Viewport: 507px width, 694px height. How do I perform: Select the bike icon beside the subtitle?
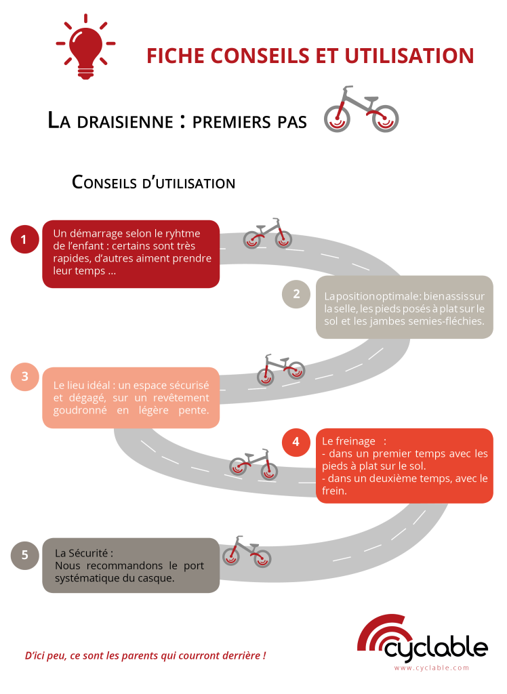pos(361,110)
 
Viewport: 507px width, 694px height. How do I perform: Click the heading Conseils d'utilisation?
pos(153,182)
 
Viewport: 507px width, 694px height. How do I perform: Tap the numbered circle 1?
pos(24,239)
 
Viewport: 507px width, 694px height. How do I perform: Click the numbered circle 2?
pos(296,293)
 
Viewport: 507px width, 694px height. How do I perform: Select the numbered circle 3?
pos(24,377)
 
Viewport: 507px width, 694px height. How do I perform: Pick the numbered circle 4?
pos(296,442)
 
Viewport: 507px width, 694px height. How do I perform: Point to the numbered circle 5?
pos(25,555)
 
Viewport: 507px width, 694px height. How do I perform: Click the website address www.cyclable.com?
pos(431,668)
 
